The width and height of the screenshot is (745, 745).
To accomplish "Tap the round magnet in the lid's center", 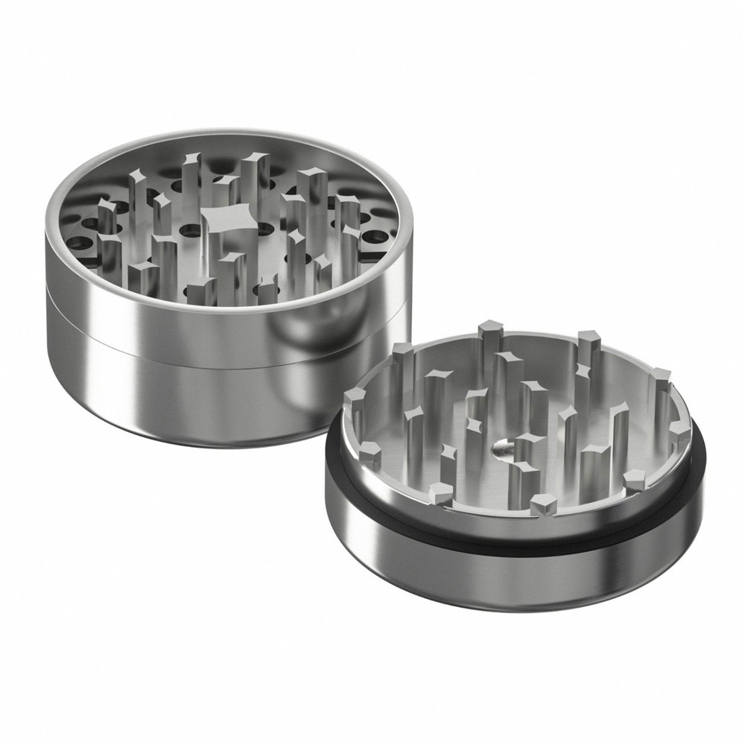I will [x=501, y=446].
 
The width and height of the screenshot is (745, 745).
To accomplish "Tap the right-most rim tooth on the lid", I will [x=679, y=432].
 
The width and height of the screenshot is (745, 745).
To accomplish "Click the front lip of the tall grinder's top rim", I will [x=223, y=311].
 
